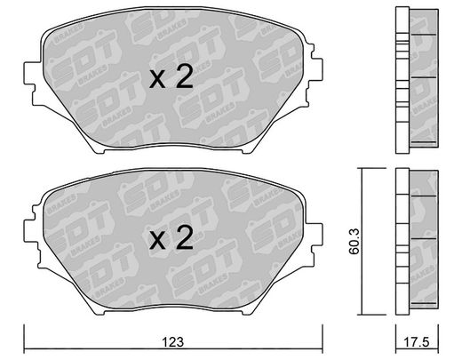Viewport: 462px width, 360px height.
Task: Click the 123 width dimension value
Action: (173, 342)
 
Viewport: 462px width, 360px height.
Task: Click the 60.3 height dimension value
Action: (354, 241)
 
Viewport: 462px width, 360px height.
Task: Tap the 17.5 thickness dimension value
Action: (417, 342)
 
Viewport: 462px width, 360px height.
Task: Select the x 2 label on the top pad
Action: (171, 76)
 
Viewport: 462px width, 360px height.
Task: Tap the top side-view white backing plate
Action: (402, 80)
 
